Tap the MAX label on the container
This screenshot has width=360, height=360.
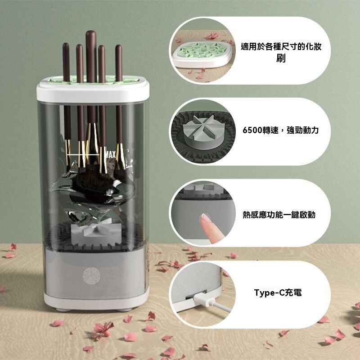(111, 155)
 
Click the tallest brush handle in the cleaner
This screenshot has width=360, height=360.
(91, 54)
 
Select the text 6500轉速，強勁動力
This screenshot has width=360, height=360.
(280, 130)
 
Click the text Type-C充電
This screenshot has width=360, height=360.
(278, 293)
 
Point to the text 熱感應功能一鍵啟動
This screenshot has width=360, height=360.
(279, 215)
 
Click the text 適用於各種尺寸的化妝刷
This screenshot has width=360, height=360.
(282, 52)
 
